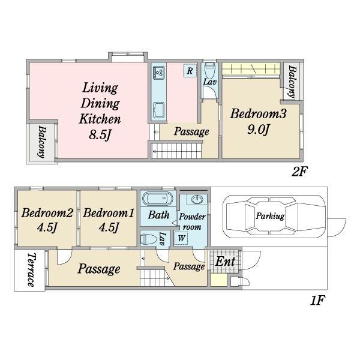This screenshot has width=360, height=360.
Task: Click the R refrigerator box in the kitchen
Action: [x=190, y=70]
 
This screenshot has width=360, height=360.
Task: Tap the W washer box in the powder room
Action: [x=181, y=238]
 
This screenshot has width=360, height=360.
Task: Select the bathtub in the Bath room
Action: [x=157, y=199]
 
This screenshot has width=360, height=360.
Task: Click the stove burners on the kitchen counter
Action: [x=158, y=73]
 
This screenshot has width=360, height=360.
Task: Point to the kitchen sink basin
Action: [x=158, y=110]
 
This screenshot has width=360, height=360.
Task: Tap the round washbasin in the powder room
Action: [x=197, y=200]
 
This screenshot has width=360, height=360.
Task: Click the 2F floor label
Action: [x=299, y=171]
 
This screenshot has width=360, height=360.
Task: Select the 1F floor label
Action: [x=318, y=300]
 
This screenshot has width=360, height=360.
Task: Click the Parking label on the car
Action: [x=270, y=216]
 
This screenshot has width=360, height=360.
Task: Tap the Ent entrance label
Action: [x=225, y=262]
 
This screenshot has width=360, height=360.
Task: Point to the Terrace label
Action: [x=31, y=270]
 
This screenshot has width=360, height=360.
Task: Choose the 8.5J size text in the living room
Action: [x=100, y=135]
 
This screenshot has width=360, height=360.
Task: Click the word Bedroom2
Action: [x=47, y=213]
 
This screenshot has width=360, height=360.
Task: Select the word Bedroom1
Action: [x=109, y=213]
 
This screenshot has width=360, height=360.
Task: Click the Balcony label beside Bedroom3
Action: [x=292, y=82]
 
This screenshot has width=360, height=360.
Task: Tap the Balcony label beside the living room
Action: [x=42, y=142]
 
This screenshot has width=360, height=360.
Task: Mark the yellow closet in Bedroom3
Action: [x=251, y=68]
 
